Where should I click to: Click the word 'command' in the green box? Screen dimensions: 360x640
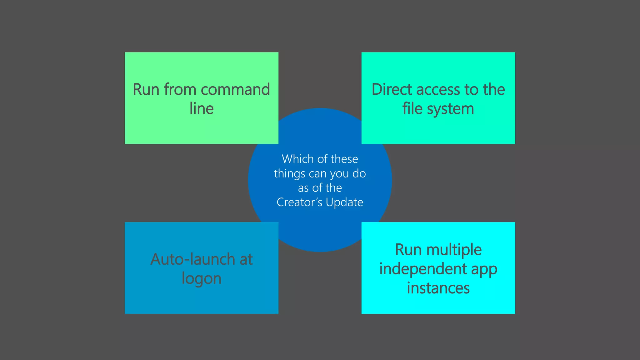click(x=235, y=90)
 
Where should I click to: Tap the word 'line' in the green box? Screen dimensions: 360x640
click(x=202, y=109)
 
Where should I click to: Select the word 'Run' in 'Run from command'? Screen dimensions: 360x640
click(x=146, y=90)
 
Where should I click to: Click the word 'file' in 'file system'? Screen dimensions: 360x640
click(x=412, y=109)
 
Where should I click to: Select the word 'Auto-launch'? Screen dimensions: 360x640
click(x=192, y=259)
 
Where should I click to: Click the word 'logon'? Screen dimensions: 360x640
click(x=202, y=279)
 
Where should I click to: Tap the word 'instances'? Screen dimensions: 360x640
click(x=438, y=288)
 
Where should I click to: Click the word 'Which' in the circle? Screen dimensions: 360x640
click(x=297, y=159)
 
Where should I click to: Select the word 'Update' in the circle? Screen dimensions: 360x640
click(x=344, y=202)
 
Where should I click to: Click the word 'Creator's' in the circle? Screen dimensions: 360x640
click(x=299, y=202)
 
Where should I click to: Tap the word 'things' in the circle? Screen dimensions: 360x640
click(x=289, y=174)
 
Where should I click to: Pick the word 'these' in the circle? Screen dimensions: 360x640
click(x=344, y=159)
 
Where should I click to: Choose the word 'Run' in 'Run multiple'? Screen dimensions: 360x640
click(x=408, y=250)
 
